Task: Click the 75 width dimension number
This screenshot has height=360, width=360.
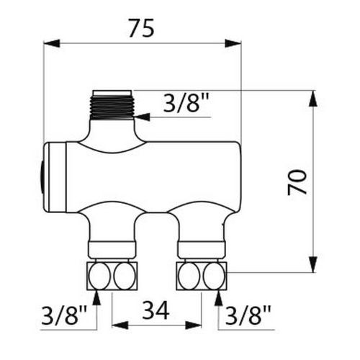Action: click(141, 28)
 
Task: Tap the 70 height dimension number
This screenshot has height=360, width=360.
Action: click(297, 182)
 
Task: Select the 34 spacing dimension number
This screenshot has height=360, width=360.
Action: click(156, 310)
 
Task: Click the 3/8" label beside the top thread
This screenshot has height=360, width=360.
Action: click(186, 103)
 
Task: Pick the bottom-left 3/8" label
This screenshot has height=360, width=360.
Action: click(64, 315)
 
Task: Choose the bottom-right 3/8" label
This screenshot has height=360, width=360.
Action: click(248, 315)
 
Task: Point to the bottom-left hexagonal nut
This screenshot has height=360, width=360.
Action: click(112, 276)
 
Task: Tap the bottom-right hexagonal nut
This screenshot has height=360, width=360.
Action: click(202, 276)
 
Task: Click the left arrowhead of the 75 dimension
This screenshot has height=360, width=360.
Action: click(51, 43)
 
